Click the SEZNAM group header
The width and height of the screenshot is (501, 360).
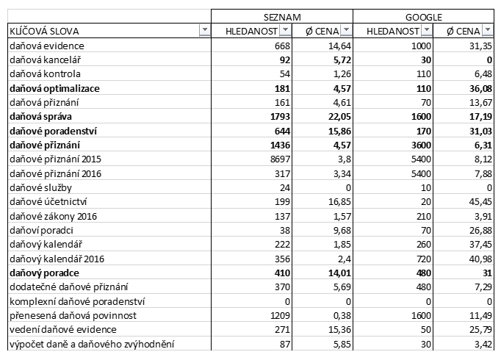click(x=282, y=16)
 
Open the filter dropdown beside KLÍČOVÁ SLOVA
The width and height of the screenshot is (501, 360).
click(x=204, y=30)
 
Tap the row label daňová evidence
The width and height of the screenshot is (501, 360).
click(x=46, y=46)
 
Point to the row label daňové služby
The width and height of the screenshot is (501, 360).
click(x=39, y=187)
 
